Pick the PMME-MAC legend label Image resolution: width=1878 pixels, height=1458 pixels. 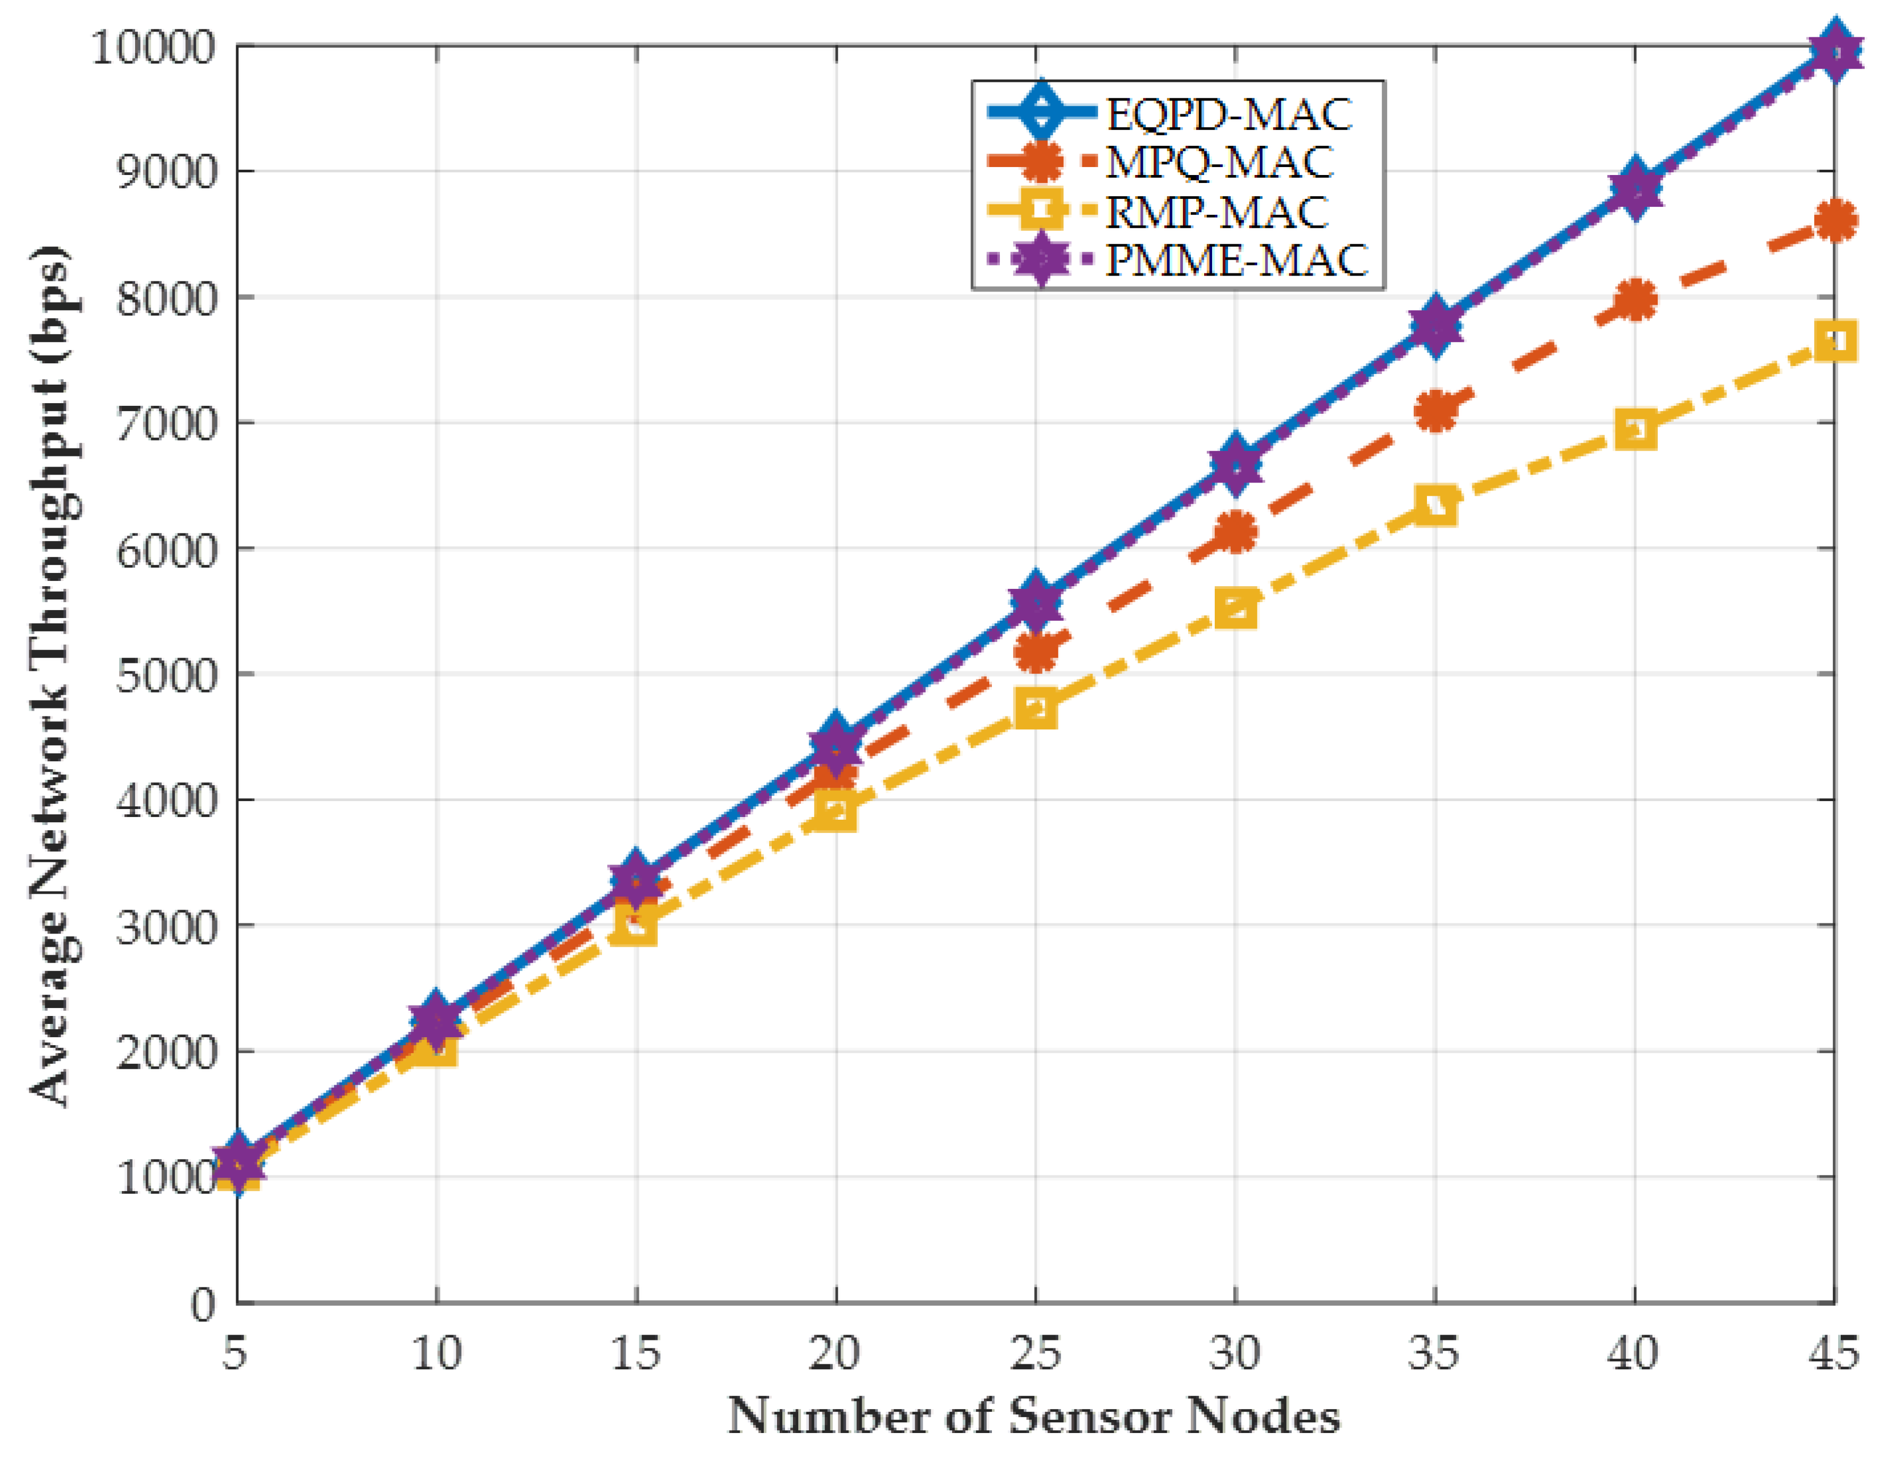(x=1236, y=260)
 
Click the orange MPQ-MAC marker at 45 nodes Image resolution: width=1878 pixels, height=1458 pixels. (x=1835, y=220)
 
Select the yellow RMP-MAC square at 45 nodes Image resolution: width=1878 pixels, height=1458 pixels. (x=1835, y=340)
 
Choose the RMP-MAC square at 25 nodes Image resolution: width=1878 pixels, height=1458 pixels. (x=1036, y=709)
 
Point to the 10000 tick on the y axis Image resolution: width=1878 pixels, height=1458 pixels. (x=152, y=47)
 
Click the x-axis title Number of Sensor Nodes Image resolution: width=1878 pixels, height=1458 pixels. (x=1034, y=1415)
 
